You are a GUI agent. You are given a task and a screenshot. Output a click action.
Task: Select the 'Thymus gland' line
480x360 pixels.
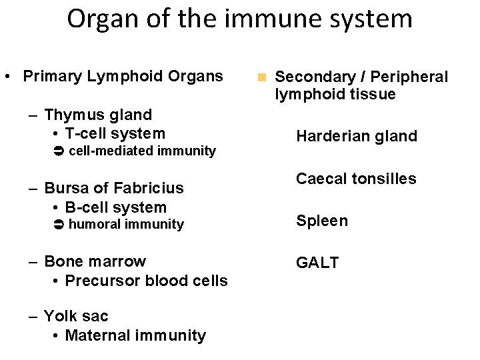point(98,115)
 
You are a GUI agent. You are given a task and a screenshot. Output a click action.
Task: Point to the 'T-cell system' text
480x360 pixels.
point(115,133)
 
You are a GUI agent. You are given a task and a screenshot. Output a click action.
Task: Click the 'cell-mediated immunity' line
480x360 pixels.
point(142,151)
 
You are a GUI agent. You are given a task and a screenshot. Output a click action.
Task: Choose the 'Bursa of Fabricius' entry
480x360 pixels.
point(114,189)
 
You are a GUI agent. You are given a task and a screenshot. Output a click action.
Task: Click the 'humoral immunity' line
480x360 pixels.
point(126,225)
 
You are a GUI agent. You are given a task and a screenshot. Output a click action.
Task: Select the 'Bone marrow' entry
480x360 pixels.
point(95,261)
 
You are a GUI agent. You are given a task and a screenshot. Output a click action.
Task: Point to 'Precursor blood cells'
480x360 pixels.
point(147,281)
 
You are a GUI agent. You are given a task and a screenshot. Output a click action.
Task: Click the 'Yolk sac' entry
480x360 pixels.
point(76,316)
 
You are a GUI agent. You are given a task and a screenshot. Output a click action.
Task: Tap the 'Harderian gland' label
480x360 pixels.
point(357,137)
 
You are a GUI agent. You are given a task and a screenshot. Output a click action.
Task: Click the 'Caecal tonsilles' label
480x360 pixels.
point(356,179)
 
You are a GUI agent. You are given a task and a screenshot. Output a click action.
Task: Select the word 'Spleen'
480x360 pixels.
point(322,221)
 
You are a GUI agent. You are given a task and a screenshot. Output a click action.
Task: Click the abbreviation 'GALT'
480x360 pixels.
point(317,263)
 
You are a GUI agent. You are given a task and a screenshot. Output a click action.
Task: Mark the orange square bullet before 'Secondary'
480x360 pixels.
point(263,78)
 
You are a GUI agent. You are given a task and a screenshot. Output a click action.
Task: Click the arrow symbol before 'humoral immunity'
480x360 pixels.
point(58,225)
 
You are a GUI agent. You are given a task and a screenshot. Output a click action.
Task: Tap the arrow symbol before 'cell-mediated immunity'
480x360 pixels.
point(58,151)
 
